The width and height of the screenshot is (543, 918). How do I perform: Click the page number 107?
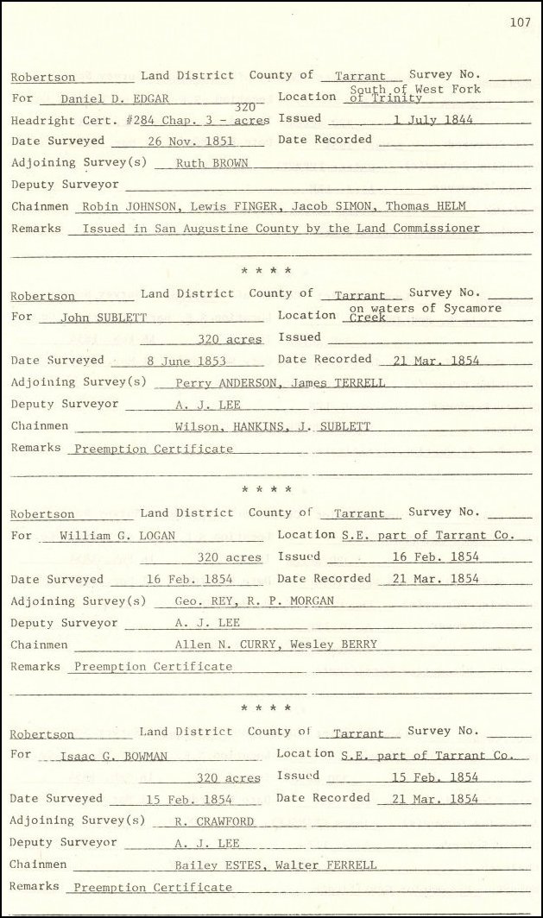point(520,23)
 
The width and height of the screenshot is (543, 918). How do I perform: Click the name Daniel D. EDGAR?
point(115,99)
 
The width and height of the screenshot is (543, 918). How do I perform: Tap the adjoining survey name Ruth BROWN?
point(212,163)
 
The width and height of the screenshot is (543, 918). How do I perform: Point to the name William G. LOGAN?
point(117,536)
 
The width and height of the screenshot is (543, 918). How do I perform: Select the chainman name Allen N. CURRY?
point(220,644)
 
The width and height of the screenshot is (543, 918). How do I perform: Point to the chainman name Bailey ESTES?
point(213,865)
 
